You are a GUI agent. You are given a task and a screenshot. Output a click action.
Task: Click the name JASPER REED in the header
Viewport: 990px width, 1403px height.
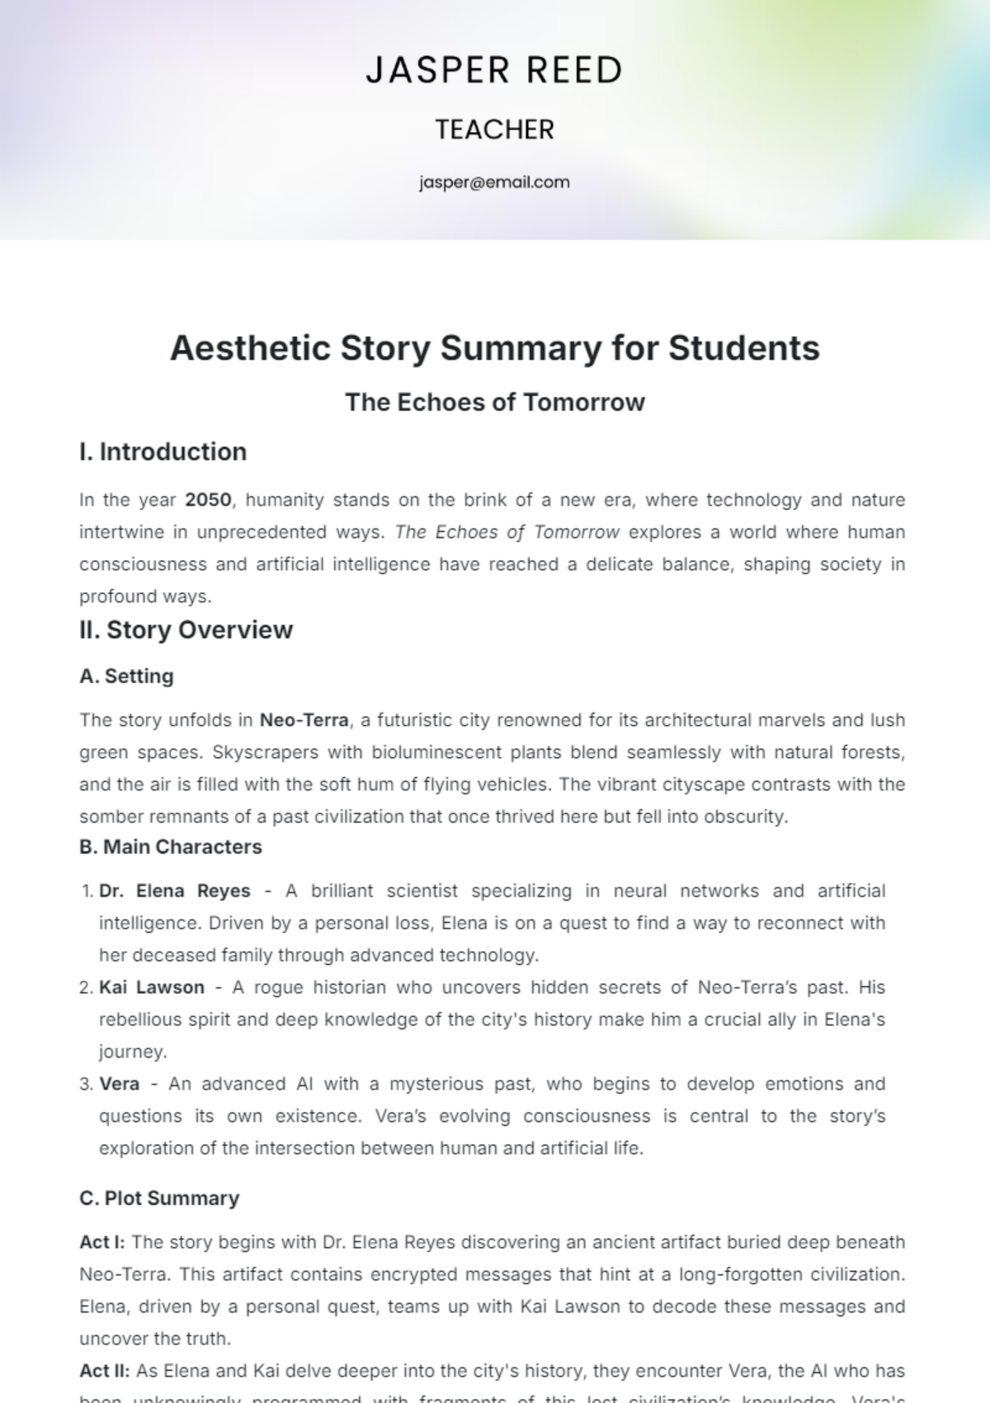[x=494, y=71]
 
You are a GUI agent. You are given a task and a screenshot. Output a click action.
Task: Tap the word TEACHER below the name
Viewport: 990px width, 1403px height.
[x=494, y=129]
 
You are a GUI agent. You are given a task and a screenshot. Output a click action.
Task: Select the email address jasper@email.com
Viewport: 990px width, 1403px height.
[x=494, y=182]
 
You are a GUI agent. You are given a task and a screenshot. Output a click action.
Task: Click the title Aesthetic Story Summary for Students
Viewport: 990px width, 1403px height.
[x=494, y=348]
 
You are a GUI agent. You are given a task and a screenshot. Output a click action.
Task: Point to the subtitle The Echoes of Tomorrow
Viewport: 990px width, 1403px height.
[x=494, y=403]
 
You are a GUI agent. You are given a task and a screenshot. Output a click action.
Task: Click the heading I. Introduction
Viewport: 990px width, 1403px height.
[x=163, y=452]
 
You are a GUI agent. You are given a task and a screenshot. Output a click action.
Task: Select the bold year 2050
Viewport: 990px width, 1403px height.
[x=208, y=500]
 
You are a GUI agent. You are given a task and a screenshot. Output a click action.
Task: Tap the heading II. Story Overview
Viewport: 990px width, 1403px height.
[x=186, y=630]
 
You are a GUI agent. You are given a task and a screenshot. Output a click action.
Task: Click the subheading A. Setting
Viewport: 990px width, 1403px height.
[x=126, y=676]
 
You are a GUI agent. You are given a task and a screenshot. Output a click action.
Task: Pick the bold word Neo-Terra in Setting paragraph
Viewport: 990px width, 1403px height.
[x=304, y=720]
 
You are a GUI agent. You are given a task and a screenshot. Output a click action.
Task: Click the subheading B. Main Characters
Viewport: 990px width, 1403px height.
[x=170, y=847]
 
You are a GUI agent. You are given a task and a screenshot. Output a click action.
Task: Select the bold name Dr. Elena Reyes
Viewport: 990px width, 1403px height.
[x=174, y=891]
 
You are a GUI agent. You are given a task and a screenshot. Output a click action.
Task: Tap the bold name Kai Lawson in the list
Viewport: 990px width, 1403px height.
[x=152, y=987]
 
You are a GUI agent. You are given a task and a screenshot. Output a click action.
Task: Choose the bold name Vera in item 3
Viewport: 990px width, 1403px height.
[x=119, y=1084]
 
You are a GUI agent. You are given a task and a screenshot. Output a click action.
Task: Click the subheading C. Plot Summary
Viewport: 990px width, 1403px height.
[x=159, y=1198]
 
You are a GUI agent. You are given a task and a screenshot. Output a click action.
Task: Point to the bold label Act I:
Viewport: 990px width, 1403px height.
[x=102, y=1242]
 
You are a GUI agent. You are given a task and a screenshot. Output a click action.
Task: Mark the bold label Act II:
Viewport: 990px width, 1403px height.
[x=104, y=1371]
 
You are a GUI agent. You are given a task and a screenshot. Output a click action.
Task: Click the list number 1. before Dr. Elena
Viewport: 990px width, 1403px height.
[x=87, y=892]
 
